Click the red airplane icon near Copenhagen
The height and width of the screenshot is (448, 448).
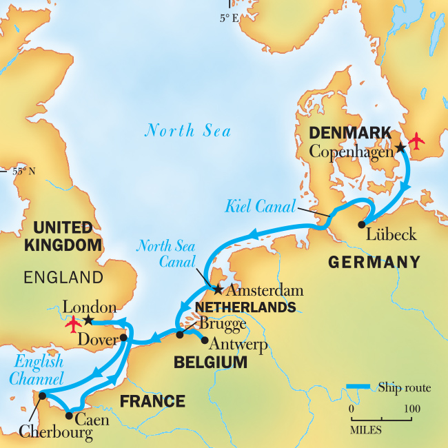pos(416,141)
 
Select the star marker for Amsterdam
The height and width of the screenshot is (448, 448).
pos(218,289)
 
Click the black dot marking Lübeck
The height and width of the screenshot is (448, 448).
pos(363,224)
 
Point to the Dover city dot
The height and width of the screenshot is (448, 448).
pos(123,338)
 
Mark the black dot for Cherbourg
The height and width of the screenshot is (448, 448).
pos(43,396)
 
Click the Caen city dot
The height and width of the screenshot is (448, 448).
pos(69,415)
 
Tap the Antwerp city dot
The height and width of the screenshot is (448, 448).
pos(204,339)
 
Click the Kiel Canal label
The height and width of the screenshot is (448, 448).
pos(261,205)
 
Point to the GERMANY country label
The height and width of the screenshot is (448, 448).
pos(374,262)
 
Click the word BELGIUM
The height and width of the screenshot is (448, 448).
pos(210,362)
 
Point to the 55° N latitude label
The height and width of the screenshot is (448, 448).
pos(24,171)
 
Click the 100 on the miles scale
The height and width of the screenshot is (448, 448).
pos(412,409)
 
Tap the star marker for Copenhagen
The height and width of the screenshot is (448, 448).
pos(400,147)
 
